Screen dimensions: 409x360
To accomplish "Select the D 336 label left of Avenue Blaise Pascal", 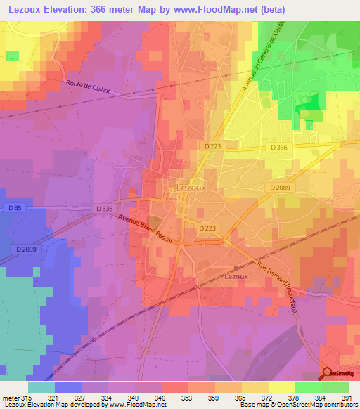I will (x=103, y=209).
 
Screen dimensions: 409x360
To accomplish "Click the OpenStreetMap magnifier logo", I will (x=328, y=374).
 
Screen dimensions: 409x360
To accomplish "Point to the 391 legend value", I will (x=347, y=397).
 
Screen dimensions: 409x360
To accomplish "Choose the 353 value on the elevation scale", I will (x=188, y=397).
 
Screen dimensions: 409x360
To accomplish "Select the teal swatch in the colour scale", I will (x=41, y=387).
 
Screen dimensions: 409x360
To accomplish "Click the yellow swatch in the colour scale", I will (x=282, y=387).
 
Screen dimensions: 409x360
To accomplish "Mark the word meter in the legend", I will (x=11, y=397).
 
